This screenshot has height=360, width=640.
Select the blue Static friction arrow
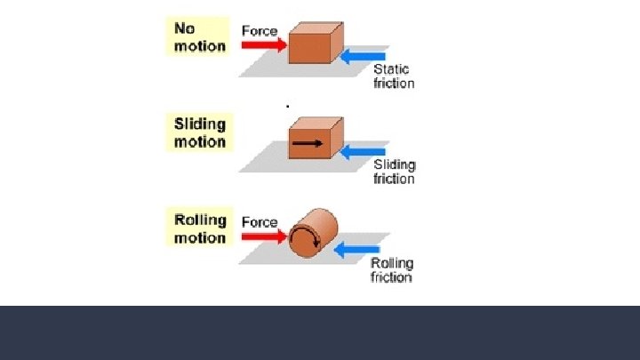coord(364,58)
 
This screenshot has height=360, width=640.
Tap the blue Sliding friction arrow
coord(364,152)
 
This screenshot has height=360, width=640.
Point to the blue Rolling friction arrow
coord(356,250)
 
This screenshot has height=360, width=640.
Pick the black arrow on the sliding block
coord(308,141)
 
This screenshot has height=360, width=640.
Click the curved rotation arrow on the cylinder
coord(303,237)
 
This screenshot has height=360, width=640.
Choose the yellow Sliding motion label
coord(199,132)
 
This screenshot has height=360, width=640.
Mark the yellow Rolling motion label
coord(199,228)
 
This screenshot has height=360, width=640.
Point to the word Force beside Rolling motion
coord(260,222)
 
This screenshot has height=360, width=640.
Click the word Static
coord(391,69)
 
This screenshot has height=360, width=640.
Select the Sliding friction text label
coord(394,172)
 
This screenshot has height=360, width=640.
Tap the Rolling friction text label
coord(391,270)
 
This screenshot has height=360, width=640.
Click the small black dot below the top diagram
coord(288,105)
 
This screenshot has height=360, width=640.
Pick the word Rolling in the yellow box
coord(200,220)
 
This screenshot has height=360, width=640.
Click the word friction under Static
coord(394,84)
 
